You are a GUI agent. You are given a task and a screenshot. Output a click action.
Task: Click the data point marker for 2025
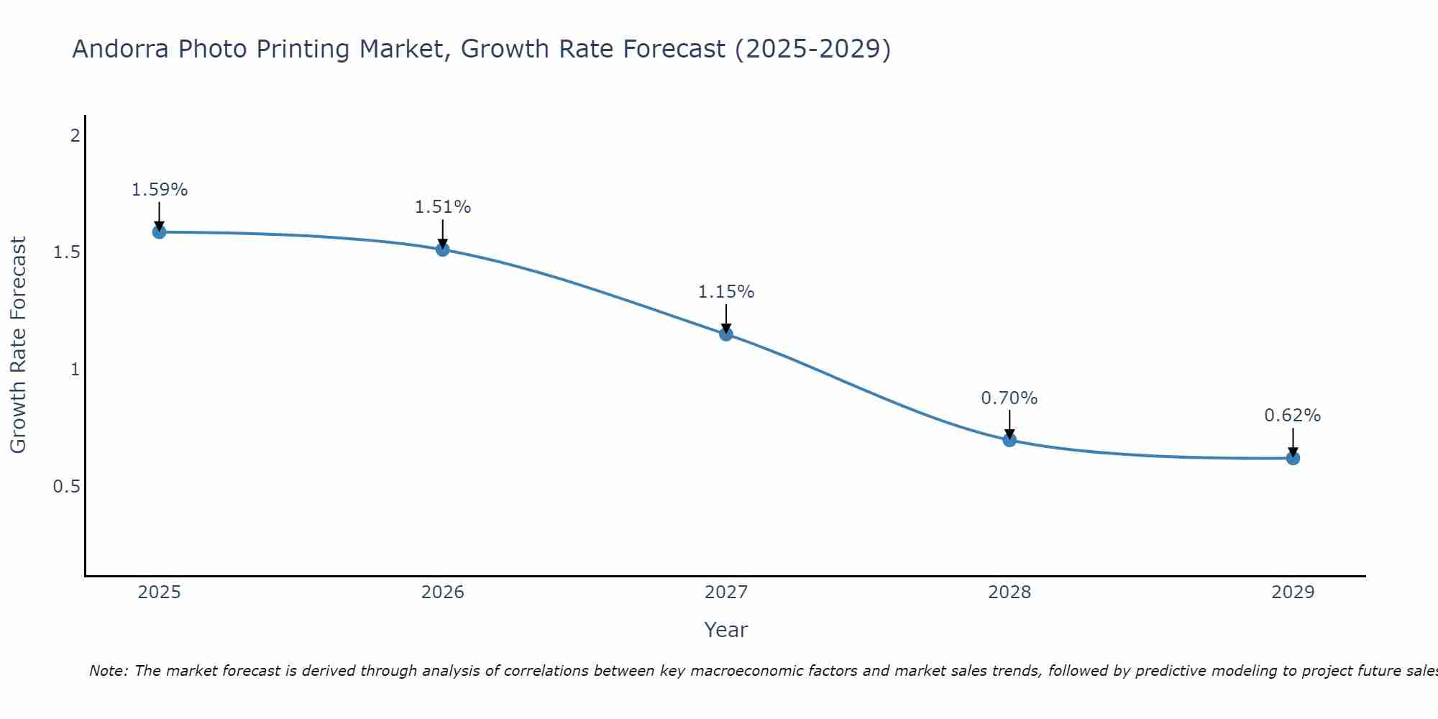click(x=159, y=232)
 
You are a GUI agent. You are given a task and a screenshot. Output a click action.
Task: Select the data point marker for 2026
click(x=443, y=249)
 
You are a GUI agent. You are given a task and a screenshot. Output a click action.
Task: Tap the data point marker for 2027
click(x=726, y=334)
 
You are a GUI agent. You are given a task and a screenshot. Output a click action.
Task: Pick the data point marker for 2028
click(x=1009, y=440)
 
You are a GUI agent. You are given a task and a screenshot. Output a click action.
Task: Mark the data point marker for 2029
click(x=1293, y=458)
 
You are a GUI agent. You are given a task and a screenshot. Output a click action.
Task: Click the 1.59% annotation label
click(x=160, y=190)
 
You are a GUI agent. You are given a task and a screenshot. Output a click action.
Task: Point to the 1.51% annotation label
click(x=443, y=207)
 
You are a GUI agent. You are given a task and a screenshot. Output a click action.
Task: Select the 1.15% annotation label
click(x=726, y=292)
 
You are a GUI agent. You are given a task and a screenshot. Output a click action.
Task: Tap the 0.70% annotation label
click(x=1009, y=398)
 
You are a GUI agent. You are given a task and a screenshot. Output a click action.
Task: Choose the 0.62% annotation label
click(x=1293, y=416)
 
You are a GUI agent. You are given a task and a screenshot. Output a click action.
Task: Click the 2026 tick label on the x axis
click(x=443, y=592)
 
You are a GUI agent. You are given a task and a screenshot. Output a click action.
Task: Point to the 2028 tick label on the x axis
click(x=1009, y=592)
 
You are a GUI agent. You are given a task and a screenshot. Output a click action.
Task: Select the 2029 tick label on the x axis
click(x=1293, y=592)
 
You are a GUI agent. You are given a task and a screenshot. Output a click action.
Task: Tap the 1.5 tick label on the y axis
click(x=66, y=252)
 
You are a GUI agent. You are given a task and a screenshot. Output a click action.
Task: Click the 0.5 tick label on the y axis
click(x=66, y=487)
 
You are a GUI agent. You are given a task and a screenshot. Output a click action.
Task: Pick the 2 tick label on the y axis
click(x=75, y=135)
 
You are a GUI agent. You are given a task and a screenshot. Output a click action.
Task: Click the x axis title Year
click(x=726, y=630)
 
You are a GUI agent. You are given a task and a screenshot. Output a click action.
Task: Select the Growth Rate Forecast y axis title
click(x=18, y=345)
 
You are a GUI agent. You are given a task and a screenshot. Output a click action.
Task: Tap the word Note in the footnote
click(x=108, y=671)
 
